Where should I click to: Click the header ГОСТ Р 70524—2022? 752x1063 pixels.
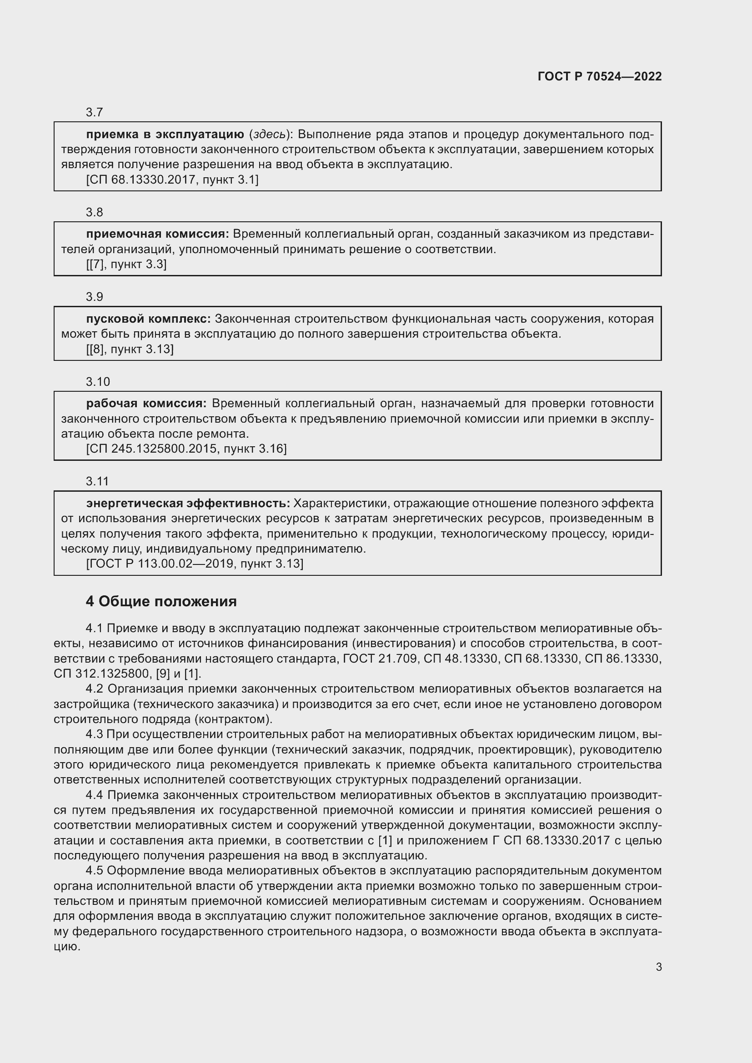tap(600, 76)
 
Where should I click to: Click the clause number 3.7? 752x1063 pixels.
tap(95, 113)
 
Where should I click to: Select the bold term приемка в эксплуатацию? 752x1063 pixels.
tap(165, 135)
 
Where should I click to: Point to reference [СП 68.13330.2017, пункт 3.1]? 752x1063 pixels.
tap(172, 180)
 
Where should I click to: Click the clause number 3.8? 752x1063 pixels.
tap(95, 213)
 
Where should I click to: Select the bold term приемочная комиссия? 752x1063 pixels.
tap(157, 234)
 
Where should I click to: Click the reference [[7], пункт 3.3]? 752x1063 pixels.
tap(126, 265)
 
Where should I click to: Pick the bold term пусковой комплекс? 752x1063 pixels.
tap(148, 319)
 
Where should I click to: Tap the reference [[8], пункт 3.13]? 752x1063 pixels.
tap(130, 349)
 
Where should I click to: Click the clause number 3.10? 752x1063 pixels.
tap(98, 382)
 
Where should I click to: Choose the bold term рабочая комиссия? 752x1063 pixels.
tap(146, 404)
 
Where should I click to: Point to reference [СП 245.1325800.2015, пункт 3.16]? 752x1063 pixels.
tap(186, 449)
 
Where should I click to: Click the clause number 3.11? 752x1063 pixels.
tap(97, 481)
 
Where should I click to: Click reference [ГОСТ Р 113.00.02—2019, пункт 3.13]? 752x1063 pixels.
tap(195, 564)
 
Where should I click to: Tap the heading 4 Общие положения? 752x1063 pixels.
tap(161, 601)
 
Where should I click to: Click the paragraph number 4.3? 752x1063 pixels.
tap(95, 734)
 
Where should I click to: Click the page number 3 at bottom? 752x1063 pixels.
tap(658, 967)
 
